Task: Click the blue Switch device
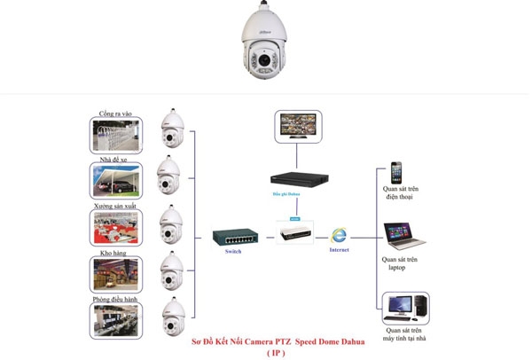coord(235,237)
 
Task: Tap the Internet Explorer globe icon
coord(338,235)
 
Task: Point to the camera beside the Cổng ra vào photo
coord(170,129)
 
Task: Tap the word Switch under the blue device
coord(233,252)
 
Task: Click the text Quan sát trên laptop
coord(400,263)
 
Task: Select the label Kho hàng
coord(114,254)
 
